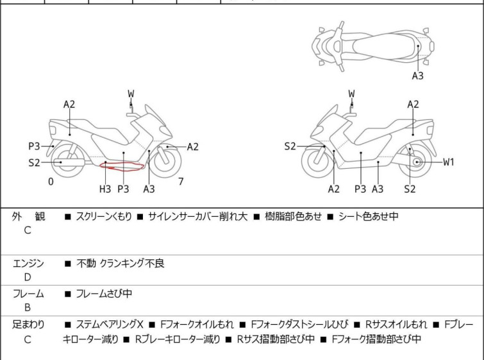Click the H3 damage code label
105,189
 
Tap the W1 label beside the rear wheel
449,162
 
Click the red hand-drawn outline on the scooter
122,167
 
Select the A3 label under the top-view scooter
417,76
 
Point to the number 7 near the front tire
181,182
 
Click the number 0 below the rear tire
51,182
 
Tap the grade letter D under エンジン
28,277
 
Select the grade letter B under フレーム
28,307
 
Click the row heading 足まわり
28,325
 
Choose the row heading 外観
28,216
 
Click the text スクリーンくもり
104,216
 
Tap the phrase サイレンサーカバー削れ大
198,216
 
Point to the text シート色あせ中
368,216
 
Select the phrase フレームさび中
104,293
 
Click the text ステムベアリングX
110,325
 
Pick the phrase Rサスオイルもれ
396,325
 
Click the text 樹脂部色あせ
293,216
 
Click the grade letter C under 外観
28,230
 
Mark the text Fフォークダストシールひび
299,325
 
